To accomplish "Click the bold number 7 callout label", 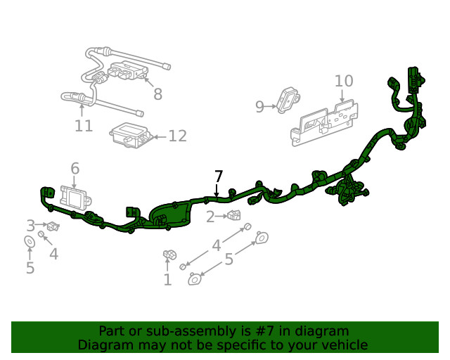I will pyautogui.click(x=219, y=176).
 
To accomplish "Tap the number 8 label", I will pyautogui.click(x=157, y=94).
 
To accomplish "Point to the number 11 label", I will pyautogui.click(x=84, y=126).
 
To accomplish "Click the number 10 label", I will pyautogui.click(x=344, y=81).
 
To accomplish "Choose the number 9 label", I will pyautogui.click(x=259, y=107).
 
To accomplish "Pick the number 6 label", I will pyautogui.click(x=75, y=168).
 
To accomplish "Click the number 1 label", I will pyautogui.click(x=167, y=281).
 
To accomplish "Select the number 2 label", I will pyautogui.click(x=210, y=217).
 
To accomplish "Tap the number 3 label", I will pyautogui.click(x=30, y=225).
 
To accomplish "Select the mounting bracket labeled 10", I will pyautogui.click(x=327, y=121).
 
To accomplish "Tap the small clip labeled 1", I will pyautogui.click(x=169, y=255).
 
